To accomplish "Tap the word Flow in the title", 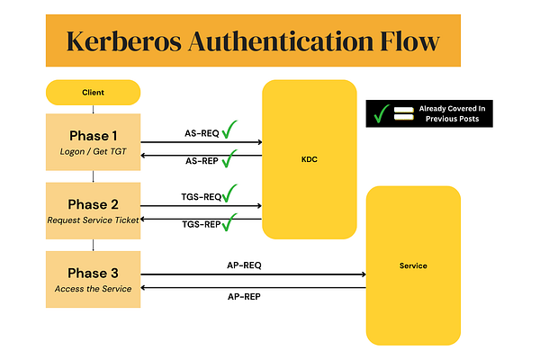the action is [407, 41].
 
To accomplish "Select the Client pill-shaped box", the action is [93, 92].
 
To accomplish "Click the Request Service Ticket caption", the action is [93, 220].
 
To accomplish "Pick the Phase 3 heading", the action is [93, 272].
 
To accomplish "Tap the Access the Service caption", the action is [93, 289].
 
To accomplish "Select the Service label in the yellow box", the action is [412, 265].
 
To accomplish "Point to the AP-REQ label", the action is [245, 266].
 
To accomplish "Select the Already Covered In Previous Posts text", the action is [454, 113].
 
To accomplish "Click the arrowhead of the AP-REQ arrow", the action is [364, 274].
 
